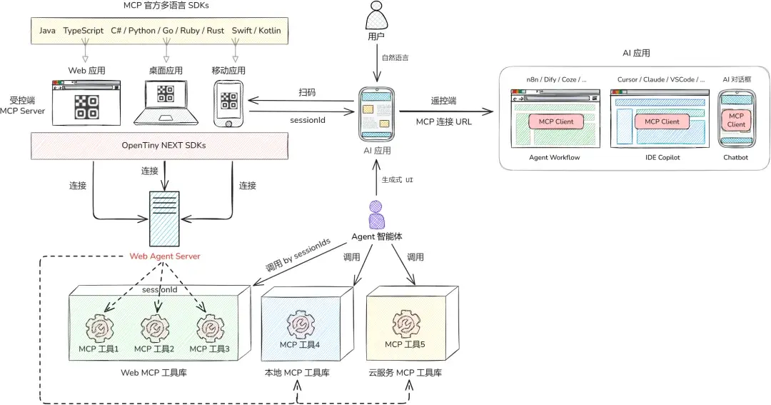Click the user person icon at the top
pyautogui.click(x=377, y=14)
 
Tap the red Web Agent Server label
pyautogui.click(x=165, y=256)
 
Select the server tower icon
pyautogui.click(x=166, y=218)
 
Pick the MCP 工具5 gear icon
pyautogui.click(x=405, y=324)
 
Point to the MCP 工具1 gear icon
pyautogui.click(x=99, y=328)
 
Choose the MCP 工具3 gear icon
pyautogui.click(x=210, y=328)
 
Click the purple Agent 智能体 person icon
pyautogui.click(x=376, y=215)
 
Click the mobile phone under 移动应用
pyautogui.click(x=228, y=104)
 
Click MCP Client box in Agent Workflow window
pyautogui.click(x=556, y=121)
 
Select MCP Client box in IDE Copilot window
pyautogui.click(x=662, y=121)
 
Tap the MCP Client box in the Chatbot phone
pyautogui.click(x=736, y=120)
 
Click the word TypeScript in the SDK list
pyautogui.click(x=82, y=31)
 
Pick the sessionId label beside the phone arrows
pyautogui.click(x=308, y=120)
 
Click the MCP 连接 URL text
pyautogui.click(x=444, y=121)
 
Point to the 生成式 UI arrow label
pyautogui.click(x=398, y=180)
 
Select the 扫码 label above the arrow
pyautogui.click(x=307, y=92)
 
